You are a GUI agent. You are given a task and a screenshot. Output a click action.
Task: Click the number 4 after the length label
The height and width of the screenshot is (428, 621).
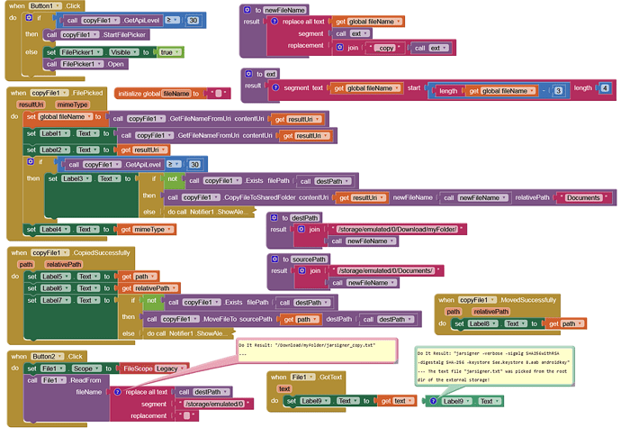coord(604,87)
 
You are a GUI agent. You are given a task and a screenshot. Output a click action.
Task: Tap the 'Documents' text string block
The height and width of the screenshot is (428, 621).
coord(583,196)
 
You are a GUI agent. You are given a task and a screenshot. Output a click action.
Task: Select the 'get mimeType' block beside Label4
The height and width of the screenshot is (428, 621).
coord(143,230)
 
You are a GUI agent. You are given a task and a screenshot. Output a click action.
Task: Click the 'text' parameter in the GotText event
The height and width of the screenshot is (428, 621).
coord(284,388)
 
